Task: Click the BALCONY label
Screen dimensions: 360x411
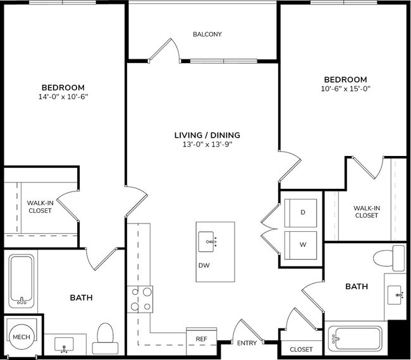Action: click(x=207, y=34)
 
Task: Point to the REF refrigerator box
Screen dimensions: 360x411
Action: click(x=201, y=339)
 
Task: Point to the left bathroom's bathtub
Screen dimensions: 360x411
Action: click(x=22, y=280)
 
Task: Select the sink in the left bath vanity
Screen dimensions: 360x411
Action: click(x=64, y=345)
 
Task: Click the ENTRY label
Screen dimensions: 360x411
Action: click(x=247, y=343)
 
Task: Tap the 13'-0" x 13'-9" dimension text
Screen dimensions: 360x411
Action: click(x=207, y=145)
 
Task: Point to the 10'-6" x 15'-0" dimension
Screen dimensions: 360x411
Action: click(x=346, y=89)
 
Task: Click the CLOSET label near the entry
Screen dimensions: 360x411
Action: click(x=301, y=349)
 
